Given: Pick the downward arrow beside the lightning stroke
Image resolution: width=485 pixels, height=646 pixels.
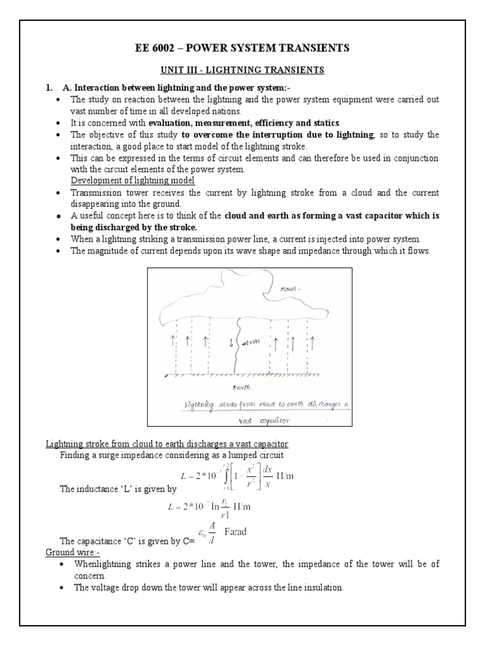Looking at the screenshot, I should tap(231, 343).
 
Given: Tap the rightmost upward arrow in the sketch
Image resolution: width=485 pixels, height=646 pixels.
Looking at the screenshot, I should tap(312, 343).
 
